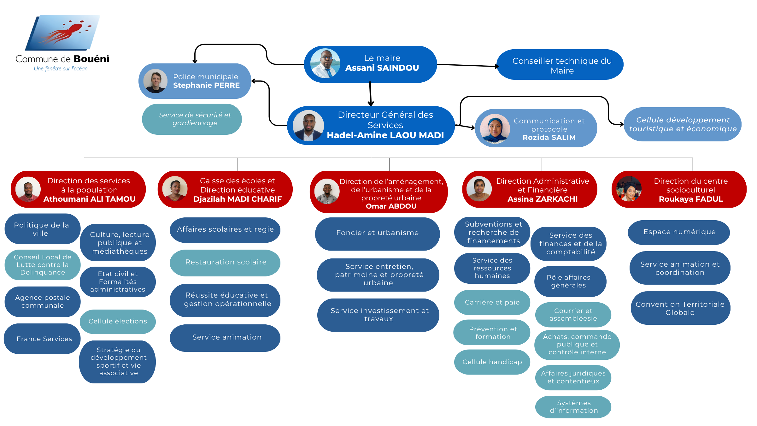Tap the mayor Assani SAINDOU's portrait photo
[325, 63]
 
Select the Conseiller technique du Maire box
[560, 65]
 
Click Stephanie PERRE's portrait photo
[156, 81]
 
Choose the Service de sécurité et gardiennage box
[192, 119]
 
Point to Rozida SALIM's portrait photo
[495, 128]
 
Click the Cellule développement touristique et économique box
[683, 124]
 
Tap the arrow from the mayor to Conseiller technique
[467, 65]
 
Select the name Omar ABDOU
[391, 206]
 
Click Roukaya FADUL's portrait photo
[629, 189]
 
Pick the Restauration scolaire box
[225, 262]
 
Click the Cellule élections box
[118, 321]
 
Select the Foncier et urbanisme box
[377, 233]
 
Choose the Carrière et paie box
[492, 302]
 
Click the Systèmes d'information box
[573, 407]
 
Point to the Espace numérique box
[679, 232]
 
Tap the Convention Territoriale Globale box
[680, 308]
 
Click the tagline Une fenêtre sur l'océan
[61, 68]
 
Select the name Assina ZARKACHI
[543, 199]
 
